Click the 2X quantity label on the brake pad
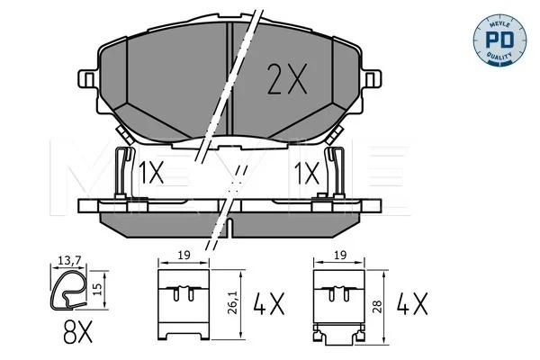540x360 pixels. (x=287, y=79)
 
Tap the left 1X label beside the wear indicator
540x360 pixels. (x=151, y=174)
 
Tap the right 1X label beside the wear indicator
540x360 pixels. (x=307, y=174)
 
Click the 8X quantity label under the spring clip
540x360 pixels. (x=77, y=332)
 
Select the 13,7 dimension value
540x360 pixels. (x=69, y=261)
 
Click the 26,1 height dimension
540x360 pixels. (x=234, y=303)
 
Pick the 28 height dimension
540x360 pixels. (x=378, y=307)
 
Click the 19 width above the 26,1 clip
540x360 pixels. (x=184, y=256)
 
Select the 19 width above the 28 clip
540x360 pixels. (x=339, y=256)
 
